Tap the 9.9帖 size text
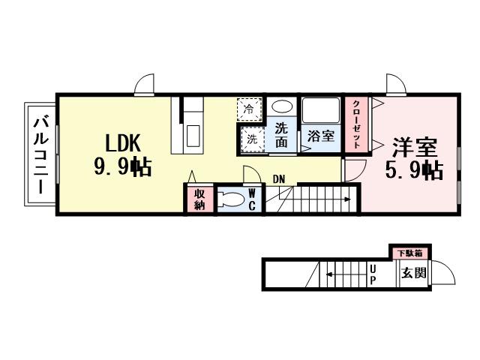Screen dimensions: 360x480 tap(122, 167)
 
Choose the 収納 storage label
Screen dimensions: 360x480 tap(199, 200)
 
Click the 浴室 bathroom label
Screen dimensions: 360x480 tap(321, 137)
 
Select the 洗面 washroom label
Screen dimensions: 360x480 tap(281, 134)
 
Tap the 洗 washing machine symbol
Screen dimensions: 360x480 tap(253, 139)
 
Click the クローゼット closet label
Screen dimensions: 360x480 tap(355, 124)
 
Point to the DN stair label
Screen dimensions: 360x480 tap(279, 178)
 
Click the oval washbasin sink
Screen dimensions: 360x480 tap(280, 107)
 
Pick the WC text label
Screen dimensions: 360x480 tap(253, 199)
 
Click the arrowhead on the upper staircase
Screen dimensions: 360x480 tap(348, 199)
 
